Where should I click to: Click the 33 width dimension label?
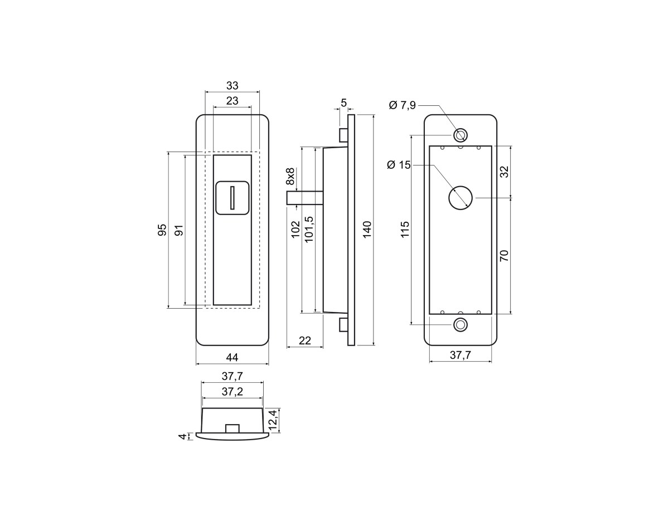click(x=232, y=85)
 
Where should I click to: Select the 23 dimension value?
click(x=232, y=101)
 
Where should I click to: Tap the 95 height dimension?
click(x=162, y=230)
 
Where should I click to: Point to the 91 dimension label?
click(x=179, y=230)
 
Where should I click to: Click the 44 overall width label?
click(x=232, y=357)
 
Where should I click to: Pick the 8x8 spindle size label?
click(x=290, y=176)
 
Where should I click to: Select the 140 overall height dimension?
click(x=367, y=229)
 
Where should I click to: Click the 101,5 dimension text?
click(x=309, y=229)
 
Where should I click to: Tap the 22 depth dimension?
click(x=305, y=340)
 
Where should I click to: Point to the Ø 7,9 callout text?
click(x=403, y=105)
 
